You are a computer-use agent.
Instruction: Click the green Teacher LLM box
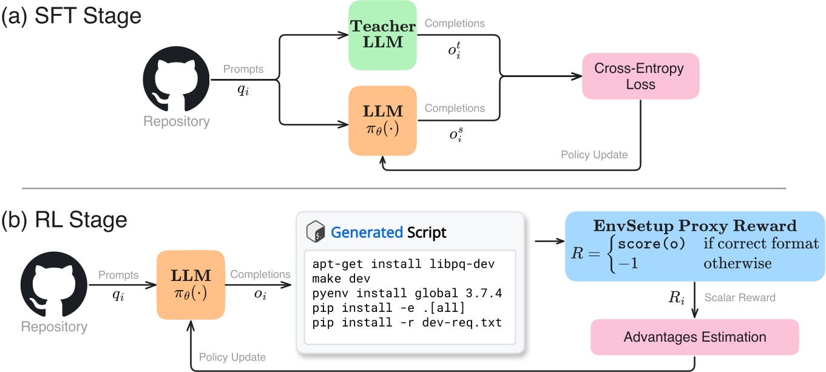pyautogui.click(x=382, y=35)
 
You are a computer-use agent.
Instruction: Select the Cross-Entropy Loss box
pyautogui.click(x=640, y=76)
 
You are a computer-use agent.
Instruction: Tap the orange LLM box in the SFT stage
pyautogui.click(x=382, y=120)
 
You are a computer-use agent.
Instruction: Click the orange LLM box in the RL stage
pyautogui.click(x=190, y=286)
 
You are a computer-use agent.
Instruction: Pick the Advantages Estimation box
pyautogui.click(x=695, y=337)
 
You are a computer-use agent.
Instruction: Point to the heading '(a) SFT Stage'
pyautogui.click(x=72, y=15)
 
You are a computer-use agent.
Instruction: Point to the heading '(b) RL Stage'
pyautogui.click(x=65, y=219)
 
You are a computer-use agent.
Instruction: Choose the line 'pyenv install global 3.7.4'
pyautogui.click(x=406, y=294)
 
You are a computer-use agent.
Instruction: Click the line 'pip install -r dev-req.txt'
pyautogui.click(x=407, y=323)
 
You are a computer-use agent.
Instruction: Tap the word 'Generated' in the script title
pyautogui.click(x=367, y=232)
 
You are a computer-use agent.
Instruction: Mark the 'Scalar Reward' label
pyautogui.click(x=739, y=297)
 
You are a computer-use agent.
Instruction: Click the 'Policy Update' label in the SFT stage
pyautogui.click(x=595, y=155)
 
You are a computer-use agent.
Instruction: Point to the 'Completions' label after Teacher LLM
pyautogui.click(x=455, y=24)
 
